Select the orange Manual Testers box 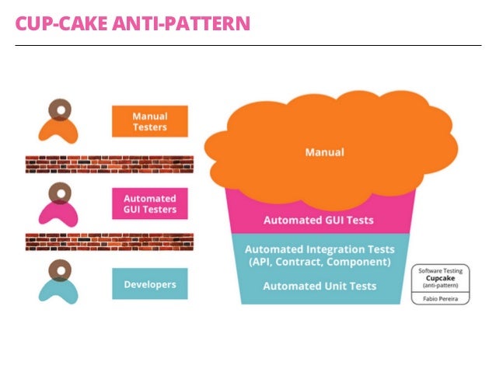[149, 121]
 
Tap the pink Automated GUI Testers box [149, 203]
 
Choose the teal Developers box [149, 284]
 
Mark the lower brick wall [109, 242]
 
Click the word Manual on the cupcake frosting [324, 151]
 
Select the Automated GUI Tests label [318, 220]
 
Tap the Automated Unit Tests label [320, 286]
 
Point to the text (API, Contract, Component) [319, 262]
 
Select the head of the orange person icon [59, 108]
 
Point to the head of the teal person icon [59, 269]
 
